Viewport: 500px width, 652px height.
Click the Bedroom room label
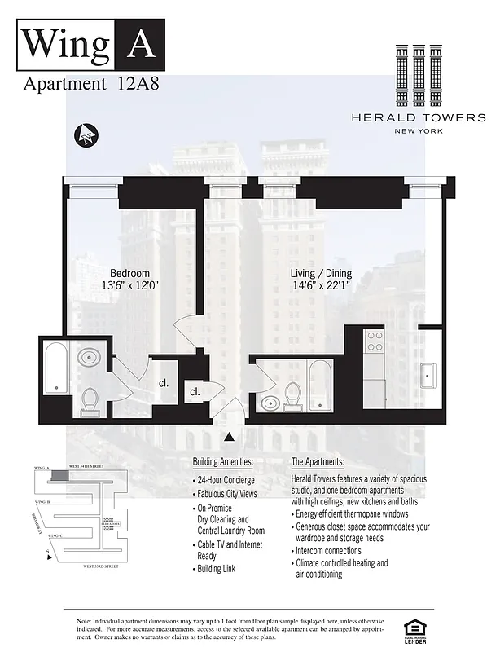point(129,273)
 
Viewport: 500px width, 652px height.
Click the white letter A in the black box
point(140,42)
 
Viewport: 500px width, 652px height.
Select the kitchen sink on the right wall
point(429,376)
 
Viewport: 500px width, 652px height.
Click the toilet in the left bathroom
point(90,399)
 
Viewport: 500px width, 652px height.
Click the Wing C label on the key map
point(55,535)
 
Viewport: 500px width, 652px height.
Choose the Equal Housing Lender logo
point(414,628)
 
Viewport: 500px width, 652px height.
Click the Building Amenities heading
point(223,462)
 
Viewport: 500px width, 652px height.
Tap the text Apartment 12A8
point(78,83)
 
